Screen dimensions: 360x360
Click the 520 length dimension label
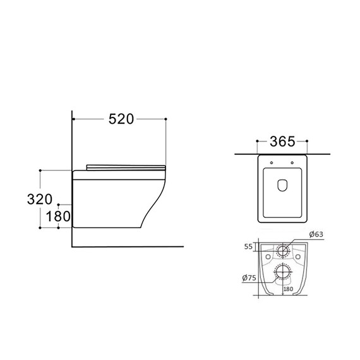click(x=121, y=119)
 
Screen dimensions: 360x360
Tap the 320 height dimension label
click(x=40, y=199)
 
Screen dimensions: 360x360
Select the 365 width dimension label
click(x=282, y=141)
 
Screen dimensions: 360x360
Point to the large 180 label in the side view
click(x=58, y=216)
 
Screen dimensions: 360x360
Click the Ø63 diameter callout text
click(x=316, y=234)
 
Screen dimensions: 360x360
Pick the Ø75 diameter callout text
click(x=249, y=278)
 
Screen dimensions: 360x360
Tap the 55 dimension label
click(x=248, y=246)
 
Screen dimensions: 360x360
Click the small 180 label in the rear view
click(x=288, y=289)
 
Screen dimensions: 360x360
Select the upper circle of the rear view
click(x=282, y=245)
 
